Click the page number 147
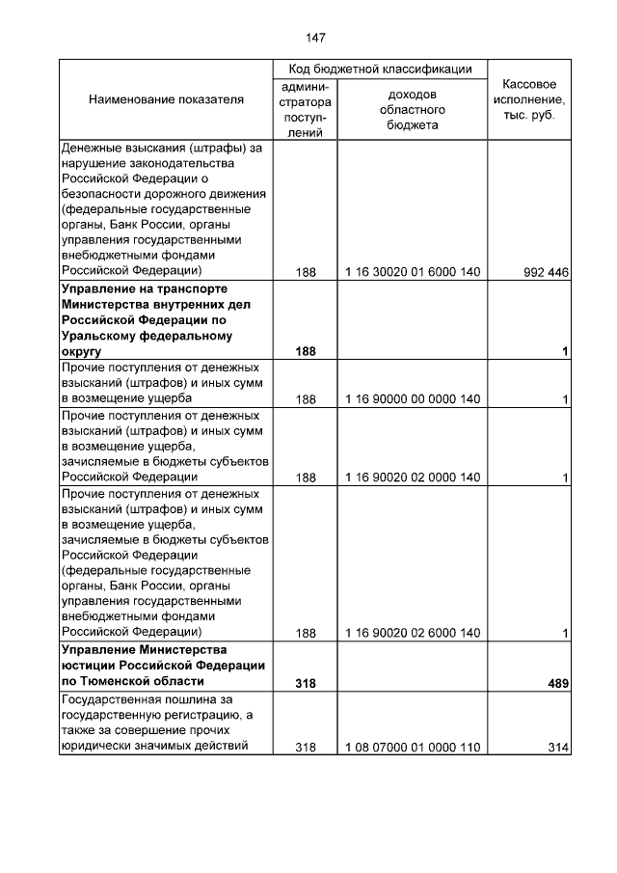pyautogui.click(x=315, y=39)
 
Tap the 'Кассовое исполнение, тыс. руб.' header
pyautogui.click(x=529, y=100)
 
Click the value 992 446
pyautogui.click(x=546, y=272)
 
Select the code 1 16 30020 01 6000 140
pyautogui.click(x=412, y=272)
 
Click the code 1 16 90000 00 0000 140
pyautogui.click(x=412, y=398)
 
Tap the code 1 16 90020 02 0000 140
pyautogui.click(x=412, y=477)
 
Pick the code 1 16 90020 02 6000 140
pyautogui.click(x=412, y=633)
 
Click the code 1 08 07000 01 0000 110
pyautogui.click(x=412, y=747)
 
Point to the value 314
pyautogui.click(x=556, y=747)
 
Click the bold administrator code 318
pyautogui.click(x=306, y=683)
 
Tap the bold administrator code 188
pyautogui.click(x=306, y=351)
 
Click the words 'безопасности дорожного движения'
pyautogui.click(x=163, y=194)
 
